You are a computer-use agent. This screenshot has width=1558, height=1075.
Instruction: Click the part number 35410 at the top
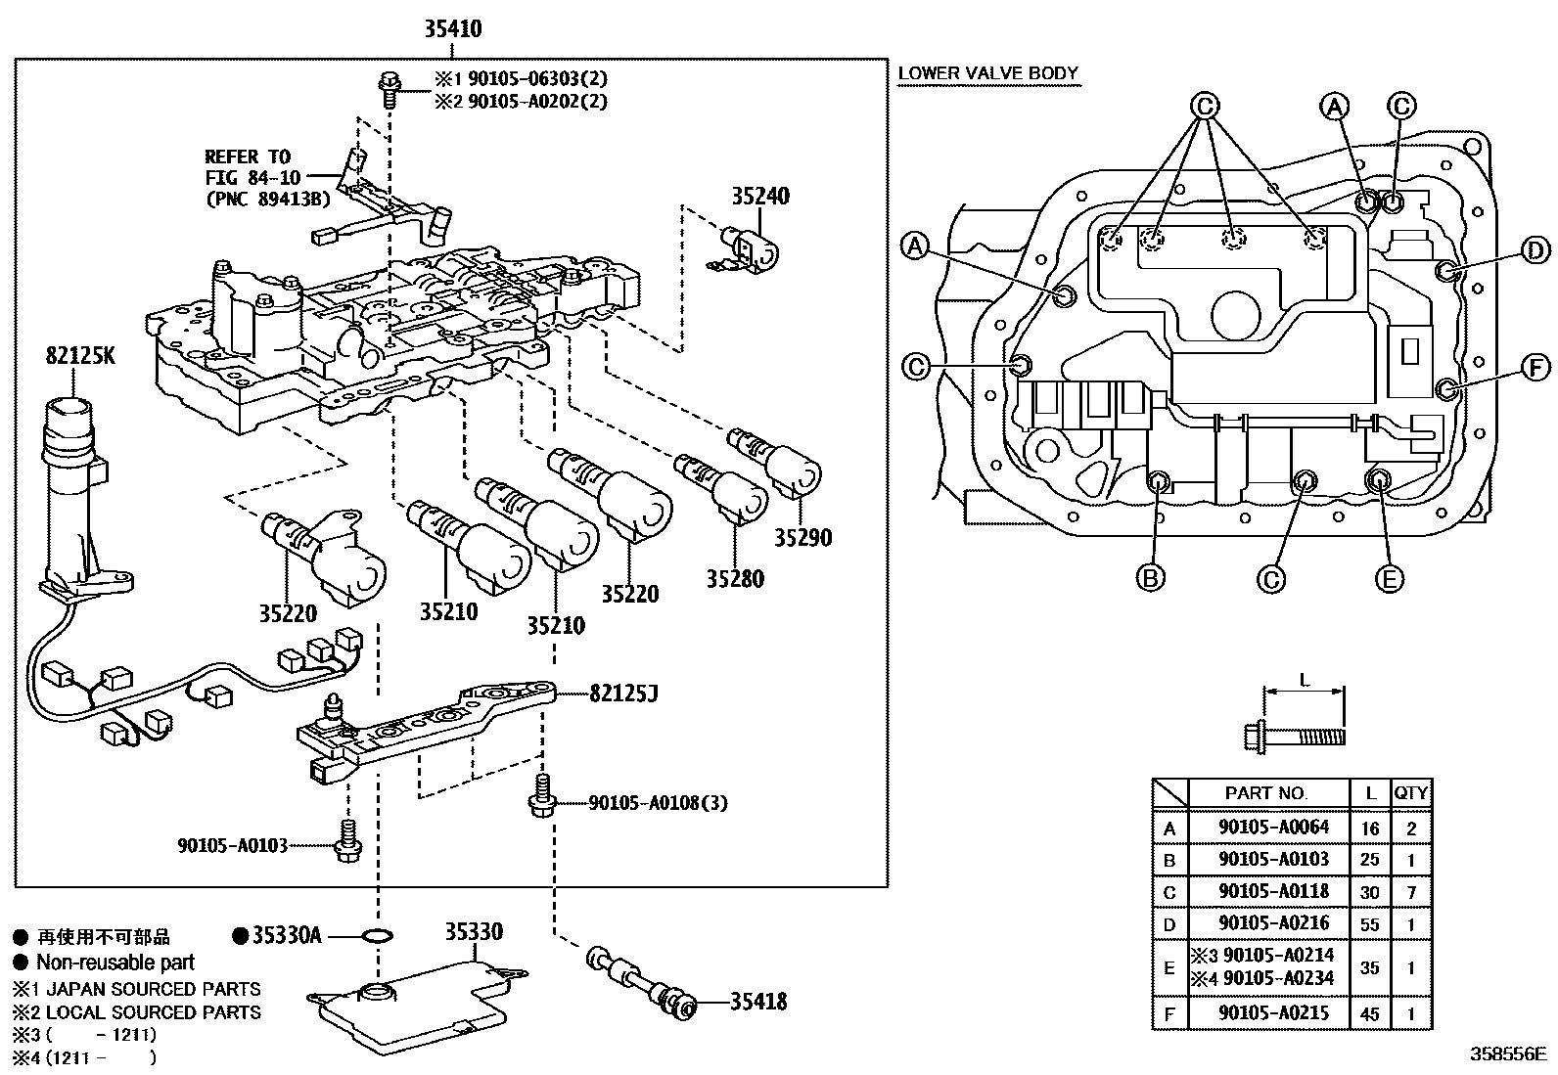click(x=452, y=29)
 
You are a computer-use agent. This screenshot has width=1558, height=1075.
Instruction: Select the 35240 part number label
click(x=759, y=197)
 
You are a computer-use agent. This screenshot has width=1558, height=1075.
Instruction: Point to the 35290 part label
click(x=802, y=537)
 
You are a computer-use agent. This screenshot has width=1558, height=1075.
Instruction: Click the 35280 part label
click(x=735, y=578)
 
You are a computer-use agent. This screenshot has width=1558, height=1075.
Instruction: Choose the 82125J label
click(x=623, y=694)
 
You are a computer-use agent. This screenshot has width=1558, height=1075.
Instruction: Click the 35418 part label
click(x=757, y=1002)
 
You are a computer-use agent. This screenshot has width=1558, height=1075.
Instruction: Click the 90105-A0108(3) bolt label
click(x=658, y=803)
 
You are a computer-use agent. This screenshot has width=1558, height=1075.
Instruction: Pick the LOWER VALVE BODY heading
click(x=987, y=73)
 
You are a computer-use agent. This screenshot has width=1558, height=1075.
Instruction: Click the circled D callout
click(x=1535, y=251)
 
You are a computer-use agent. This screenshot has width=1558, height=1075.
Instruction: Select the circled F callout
click(x=1535, y=369)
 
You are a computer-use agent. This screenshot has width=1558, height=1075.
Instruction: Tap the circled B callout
click(x=1151, y=578)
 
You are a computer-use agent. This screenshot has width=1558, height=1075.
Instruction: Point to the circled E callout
click(x=1389, y=579)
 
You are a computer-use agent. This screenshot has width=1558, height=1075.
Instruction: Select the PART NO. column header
click(x=1266, y=793)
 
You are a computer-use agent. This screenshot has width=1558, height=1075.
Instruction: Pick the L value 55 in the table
click(x=1369, y=924)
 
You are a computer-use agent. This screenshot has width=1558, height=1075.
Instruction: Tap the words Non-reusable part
click(x=115, y=963)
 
